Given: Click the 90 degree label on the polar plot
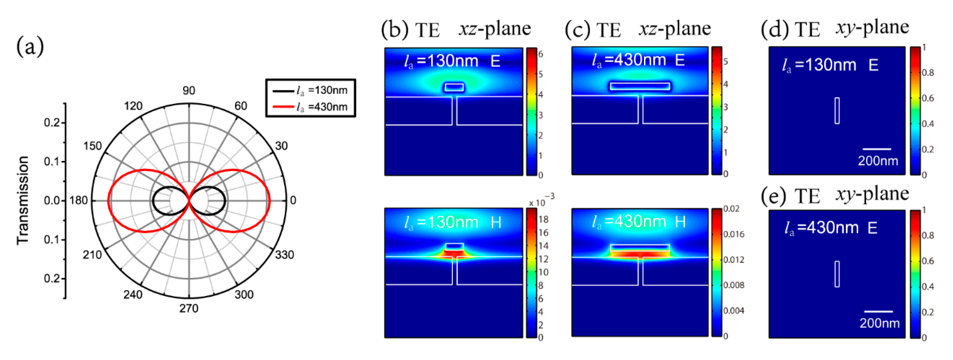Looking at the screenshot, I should click(x=189, y=90).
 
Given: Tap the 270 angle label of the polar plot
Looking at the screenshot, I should click(x=189, y=308).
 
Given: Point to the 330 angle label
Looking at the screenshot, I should click(x=284, y=255).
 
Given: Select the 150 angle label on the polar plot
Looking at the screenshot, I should click(x=92, y=146).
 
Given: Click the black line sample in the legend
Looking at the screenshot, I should click(x=283, y=91).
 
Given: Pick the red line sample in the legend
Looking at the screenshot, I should click(x=283, y=107).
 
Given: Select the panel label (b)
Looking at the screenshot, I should click(x=395, y=29).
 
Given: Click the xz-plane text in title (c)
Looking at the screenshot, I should click(x=675, y=29).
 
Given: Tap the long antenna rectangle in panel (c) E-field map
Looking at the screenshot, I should click(x=640, y=86).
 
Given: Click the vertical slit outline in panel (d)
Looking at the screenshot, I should click(x=837, y=111).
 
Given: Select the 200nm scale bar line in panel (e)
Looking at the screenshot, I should click(x=878, y=312).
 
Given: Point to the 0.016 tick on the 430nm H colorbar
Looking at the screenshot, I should click(x=734, y=234).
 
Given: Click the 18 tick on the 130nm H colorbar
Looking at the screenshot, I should click(x=543, y=219).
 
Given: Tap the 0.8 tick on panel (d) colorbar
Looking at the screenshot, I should click(x=928, y=73).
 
